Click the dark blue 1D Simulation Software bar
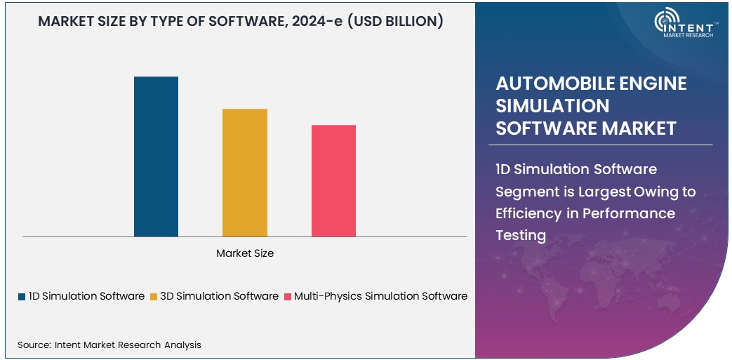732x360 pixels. [156, 156]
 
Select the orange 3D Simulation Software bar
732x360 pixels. [245, 173]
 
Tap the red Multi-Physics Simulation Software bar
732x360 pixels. [333, 180]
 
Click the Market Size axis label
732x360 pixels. [245, 253]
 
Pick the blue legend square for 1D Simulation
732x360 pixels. [22, 297]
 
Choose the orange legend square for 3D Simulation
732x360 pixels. [154, 297]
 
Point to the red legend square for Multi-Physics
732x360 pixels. [288, 297]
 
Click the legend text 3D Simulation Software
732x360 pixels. [219, 296]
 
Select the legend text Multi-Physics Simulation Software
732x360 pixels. [380, 296]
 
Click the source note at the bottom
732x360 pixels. [109, 345]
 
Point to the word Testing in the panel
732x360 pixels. [520, 235]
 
